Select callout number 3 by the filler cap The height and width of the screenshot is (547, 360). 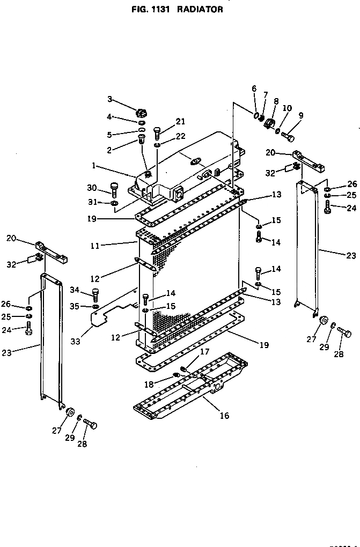(x=109, y=99)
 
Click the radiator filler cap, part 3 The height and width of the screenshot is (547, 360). (x=142, y=113)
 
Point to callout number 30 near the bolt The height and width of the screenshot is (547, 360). (x=92, y=187)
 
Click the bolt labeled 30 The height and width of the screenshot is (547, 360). (x=114, y=189)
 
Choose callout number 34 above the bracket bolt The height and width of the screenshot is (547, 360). (x=75, y=290)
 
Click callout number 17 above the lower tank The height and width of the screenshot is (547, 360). (x=204, y=352)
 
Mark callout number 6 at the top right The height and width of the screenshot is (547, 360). (x=254, y=88)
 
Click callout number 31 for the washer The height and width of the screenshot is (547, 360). (x=92, y=202)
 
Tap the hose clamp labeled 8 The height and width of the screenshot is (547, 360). (x=269, y=124)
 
